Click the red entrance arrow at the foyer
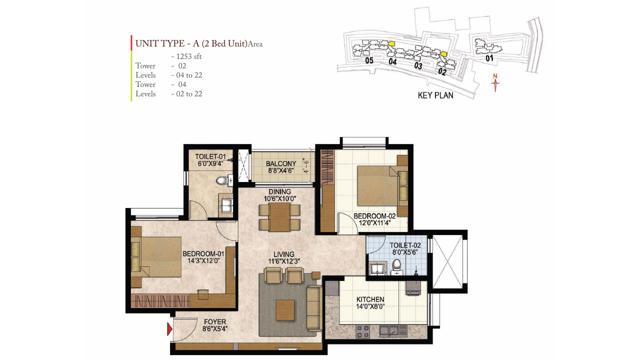pos(169,328)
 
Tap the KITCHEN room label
pos(370,299)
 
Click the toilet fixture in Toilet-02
pos(397,266)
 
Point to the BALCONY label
pos(281,164)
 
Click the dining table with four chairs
pos(279,217)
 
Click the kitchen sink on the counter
pos(391,330)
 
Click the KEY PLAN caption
pos(435,95)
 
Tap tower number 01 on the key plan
pos(489,58)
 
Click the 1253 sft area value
pos(186,56)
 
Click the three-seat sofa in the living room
pos(314,308)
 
